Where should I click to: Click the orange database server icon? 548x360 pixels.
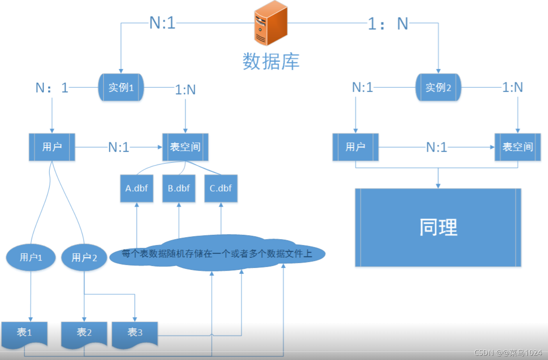click(271, 23)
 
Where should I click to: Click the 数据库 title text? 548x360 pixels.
click(271, 62)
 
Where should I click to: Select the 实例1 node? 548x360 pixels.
click(121, 87)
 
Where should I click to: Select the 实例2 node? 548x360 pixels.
click(438, 87)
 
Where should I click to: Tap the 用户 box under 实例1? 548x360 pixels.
click(52, 147)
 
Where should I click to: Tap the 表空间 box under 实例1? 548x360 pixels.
click(185, 147)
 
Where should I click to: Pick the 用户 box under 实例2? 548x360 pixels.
click(355, 147)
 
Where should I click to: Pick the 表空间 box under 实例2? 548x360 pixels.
click(518, 147)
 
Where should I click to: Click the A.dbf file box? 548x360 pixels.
click(137, 188)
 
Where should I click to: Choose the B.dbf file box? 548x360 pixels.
click(179, 188)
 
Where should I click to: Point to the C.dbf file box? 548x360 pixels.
click(221, 188)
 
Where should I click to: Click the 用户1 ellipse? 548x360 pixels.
click(31, 257)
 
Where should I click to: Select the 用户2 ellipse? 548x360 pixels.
click(84, 257)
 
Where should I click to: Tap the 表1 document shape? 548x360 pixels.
click(24, 333)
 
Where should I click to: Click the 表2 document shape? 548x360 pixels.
click(84, 333)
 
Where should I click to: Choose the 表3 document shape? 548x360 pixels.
click(135, 333)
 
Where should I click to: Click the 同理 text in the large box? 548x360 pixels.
click(438, 227)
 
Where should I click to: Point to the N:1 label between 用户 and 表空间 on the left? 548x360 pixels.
click(119, 147)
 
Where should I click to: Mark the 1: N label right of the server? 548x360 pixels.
click(388, 24)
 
